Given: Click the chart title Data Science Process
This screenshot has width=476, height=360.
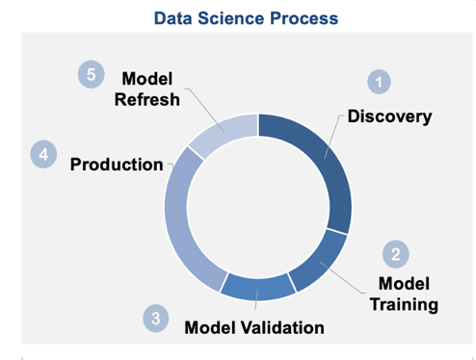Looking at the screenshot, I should pos(237,17).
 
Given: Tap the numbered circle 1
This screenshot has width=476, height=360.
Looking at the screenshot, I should pos(381,82).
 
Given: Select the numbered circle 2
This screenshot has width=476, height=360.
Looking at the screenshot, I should pos(395,253).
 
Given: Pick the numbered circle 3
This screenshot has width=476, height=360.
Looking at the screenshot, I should pos(156,319).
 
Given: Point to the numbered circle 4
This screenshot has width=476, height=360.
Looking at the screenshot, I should pos(43,154).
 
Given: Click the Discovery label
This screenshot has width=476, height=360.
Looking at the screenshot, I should pos(389,116).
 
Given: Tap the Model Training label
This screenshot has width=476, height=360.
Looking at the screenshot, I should pos(404,294).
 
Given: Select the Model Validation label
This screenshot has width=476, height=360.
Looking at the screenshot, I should pos(254,327).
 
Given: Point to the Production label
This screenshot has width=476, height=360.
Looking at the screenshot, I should pos(117,165).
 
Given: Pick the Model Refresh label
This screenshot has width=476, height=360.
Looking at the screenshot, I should pos(146,89).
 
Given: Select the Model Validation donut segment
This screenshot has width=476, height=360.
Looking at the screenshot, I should pos(257,286).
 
